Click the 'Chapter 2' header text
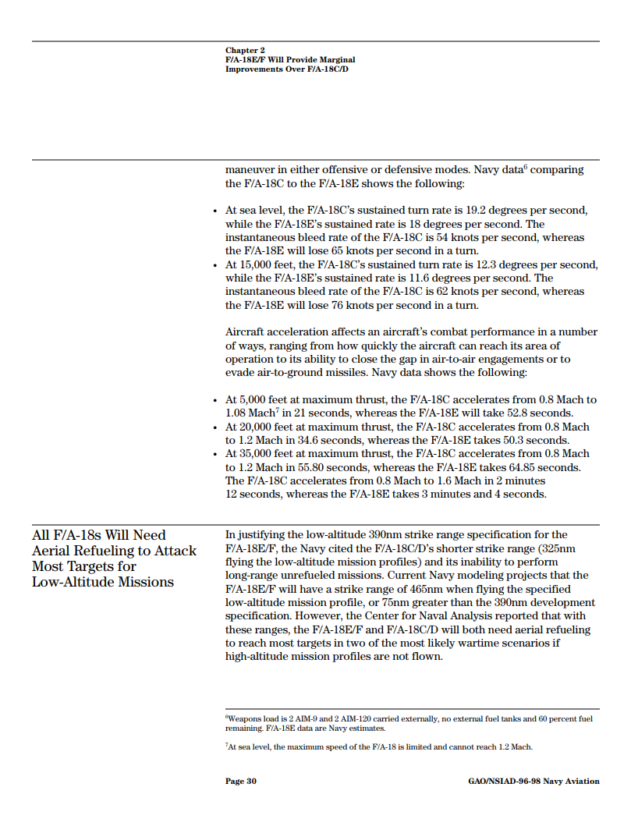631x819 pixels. (245, 51)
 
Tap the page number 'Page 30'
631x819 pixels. (240, 781)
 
